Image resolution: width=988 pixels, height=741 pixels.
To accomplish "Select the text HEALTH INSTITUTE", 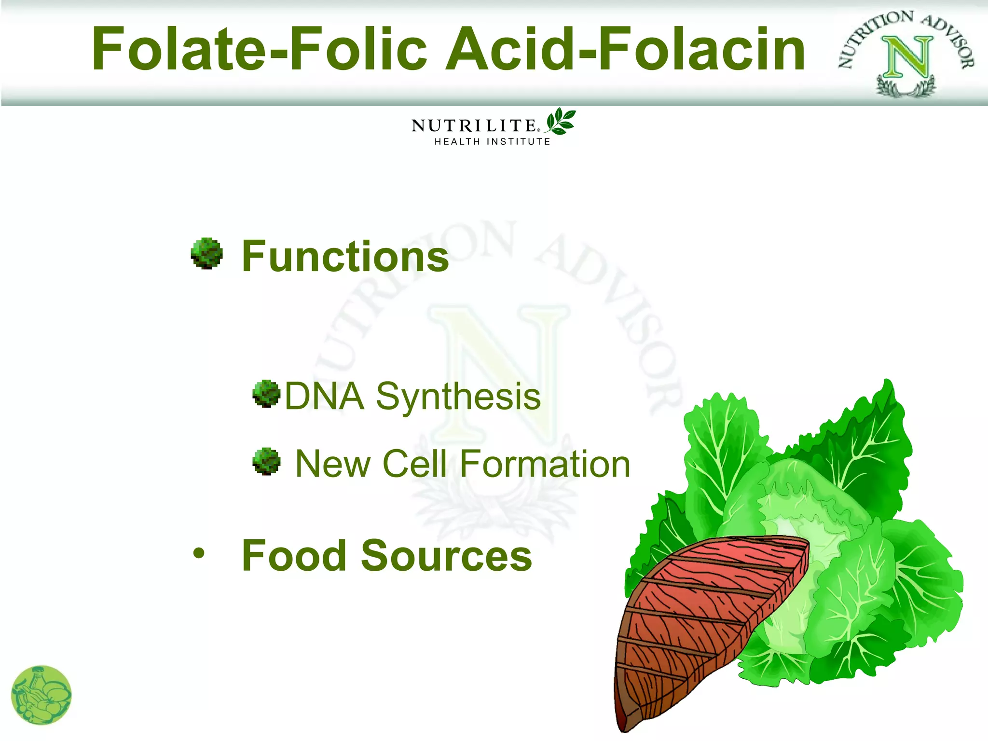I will pyautogui.click(x=492, y=142).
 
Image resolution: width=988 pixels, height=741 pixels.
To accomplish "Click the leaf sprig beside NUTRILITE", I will pyautogui.click(x=561, y=121).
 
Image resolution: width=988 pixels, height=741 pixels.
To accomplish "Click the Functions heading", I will pyautogui.click(x=345, y=257).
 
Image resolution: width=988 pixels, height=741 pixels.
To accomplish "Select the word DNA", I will pyautogui.click(x=324, y=397).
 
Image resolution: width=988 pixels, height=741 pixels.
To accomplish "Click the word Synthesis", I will pyautogui.click(x=458, y=397).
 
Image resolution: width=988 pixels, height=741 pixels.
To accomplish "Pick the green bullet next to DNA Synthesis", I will pyautogui.click(x=266, y=394).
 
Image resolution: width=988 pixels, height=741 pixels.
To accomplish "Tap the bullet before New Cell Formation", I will pyautogui.click(x=266, y=461).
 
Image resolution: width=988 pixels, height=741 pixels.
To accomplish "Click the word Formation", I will pyautogui.click(x=545, y=464).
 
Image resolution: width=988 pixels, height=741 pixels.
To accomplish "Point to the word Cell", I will pyautogui.click(x=414, y=464).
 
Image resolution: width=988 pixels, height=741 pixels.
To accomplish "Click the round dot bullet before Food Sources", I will pyautogui.click(x=199, y=553).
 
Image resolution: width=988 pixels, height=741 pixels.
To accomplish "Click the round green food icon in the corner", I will pyautogui.click(x=41, y=695).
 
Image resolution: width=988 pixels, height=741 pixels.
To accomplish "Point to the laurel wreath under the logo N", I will pyautogui.click(x=906, y=87).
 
